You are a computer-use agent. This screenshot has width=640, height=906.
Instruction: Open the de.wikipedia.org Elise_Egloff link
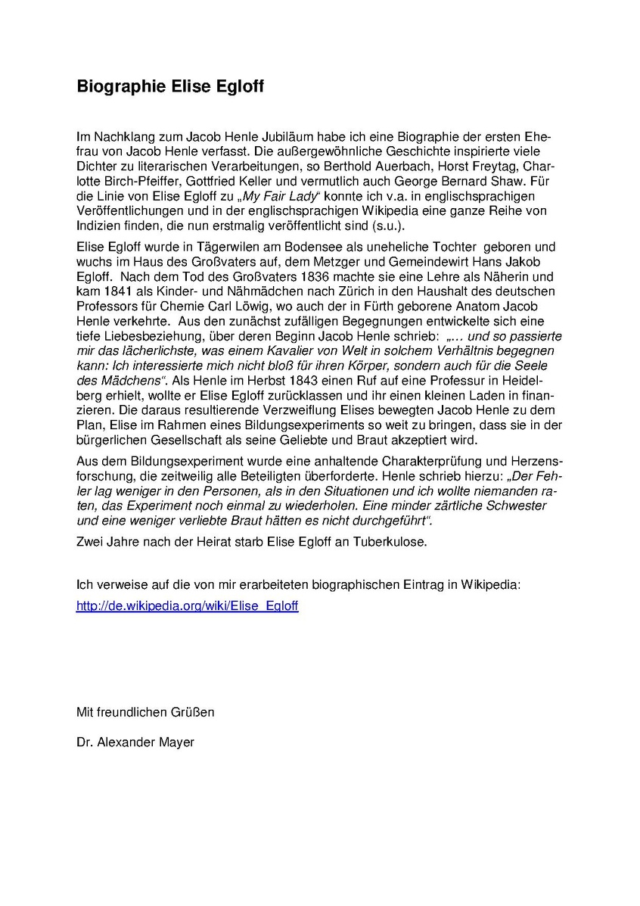pos(188,606)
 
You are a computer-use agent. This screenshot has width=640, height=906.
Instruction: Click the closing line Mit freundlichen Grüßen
pos(145,711)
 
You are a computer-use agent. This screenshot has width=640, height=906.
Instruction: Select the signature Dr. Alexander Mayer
pos(135,742)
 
